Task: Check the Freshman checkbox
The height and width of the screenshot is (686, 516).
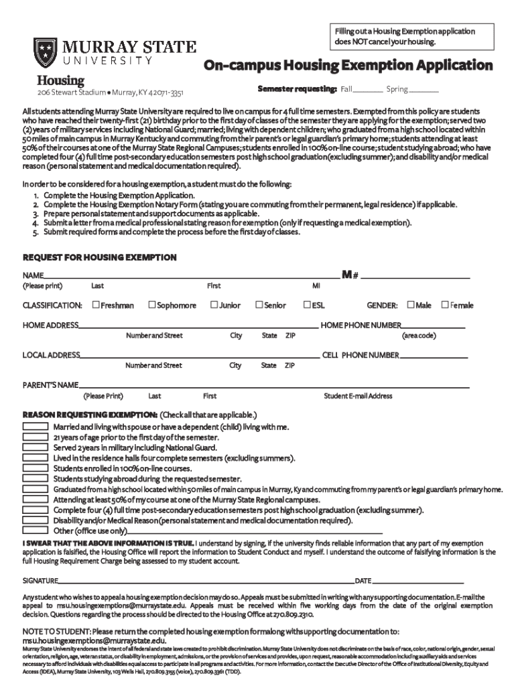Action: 96,305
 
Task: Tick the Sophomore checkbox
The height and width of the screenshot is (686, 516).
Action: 152,305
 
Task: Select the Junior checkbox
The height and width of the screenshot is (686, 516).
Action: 214,305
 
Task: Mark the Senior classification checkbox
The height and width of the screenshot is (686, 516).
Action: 259,305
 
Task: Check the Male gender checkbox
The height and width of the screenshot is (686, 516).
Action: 411,305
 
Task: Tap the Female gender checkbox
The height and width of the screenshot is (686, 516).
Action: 444,305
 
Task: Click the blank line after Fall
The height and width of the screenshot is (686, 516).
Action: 368,90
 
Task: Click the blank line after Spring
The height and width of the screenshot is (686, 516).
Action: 424,90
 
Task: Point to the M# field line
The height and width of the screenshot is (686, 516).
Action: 415,277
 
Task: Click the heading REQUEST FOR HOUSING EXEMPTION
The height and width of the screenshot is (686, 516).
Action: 100,257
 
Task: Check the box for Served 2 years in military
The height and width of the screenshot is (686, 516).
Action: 36,448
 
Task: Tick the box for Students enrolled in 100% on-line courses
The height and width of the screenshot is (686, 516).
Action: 36,468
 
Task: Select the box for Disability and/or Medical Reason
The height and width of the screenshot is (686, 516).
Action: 36,521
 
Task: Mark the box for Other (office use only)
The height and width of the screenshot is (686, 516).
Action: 36,531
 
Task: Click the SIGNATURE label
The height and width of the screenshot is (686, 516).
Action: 40,580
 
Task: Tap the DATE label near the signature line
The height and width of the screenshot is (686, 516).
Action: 363,580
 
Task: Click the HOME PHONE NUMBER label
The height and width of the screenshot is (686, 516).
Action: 361,325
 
